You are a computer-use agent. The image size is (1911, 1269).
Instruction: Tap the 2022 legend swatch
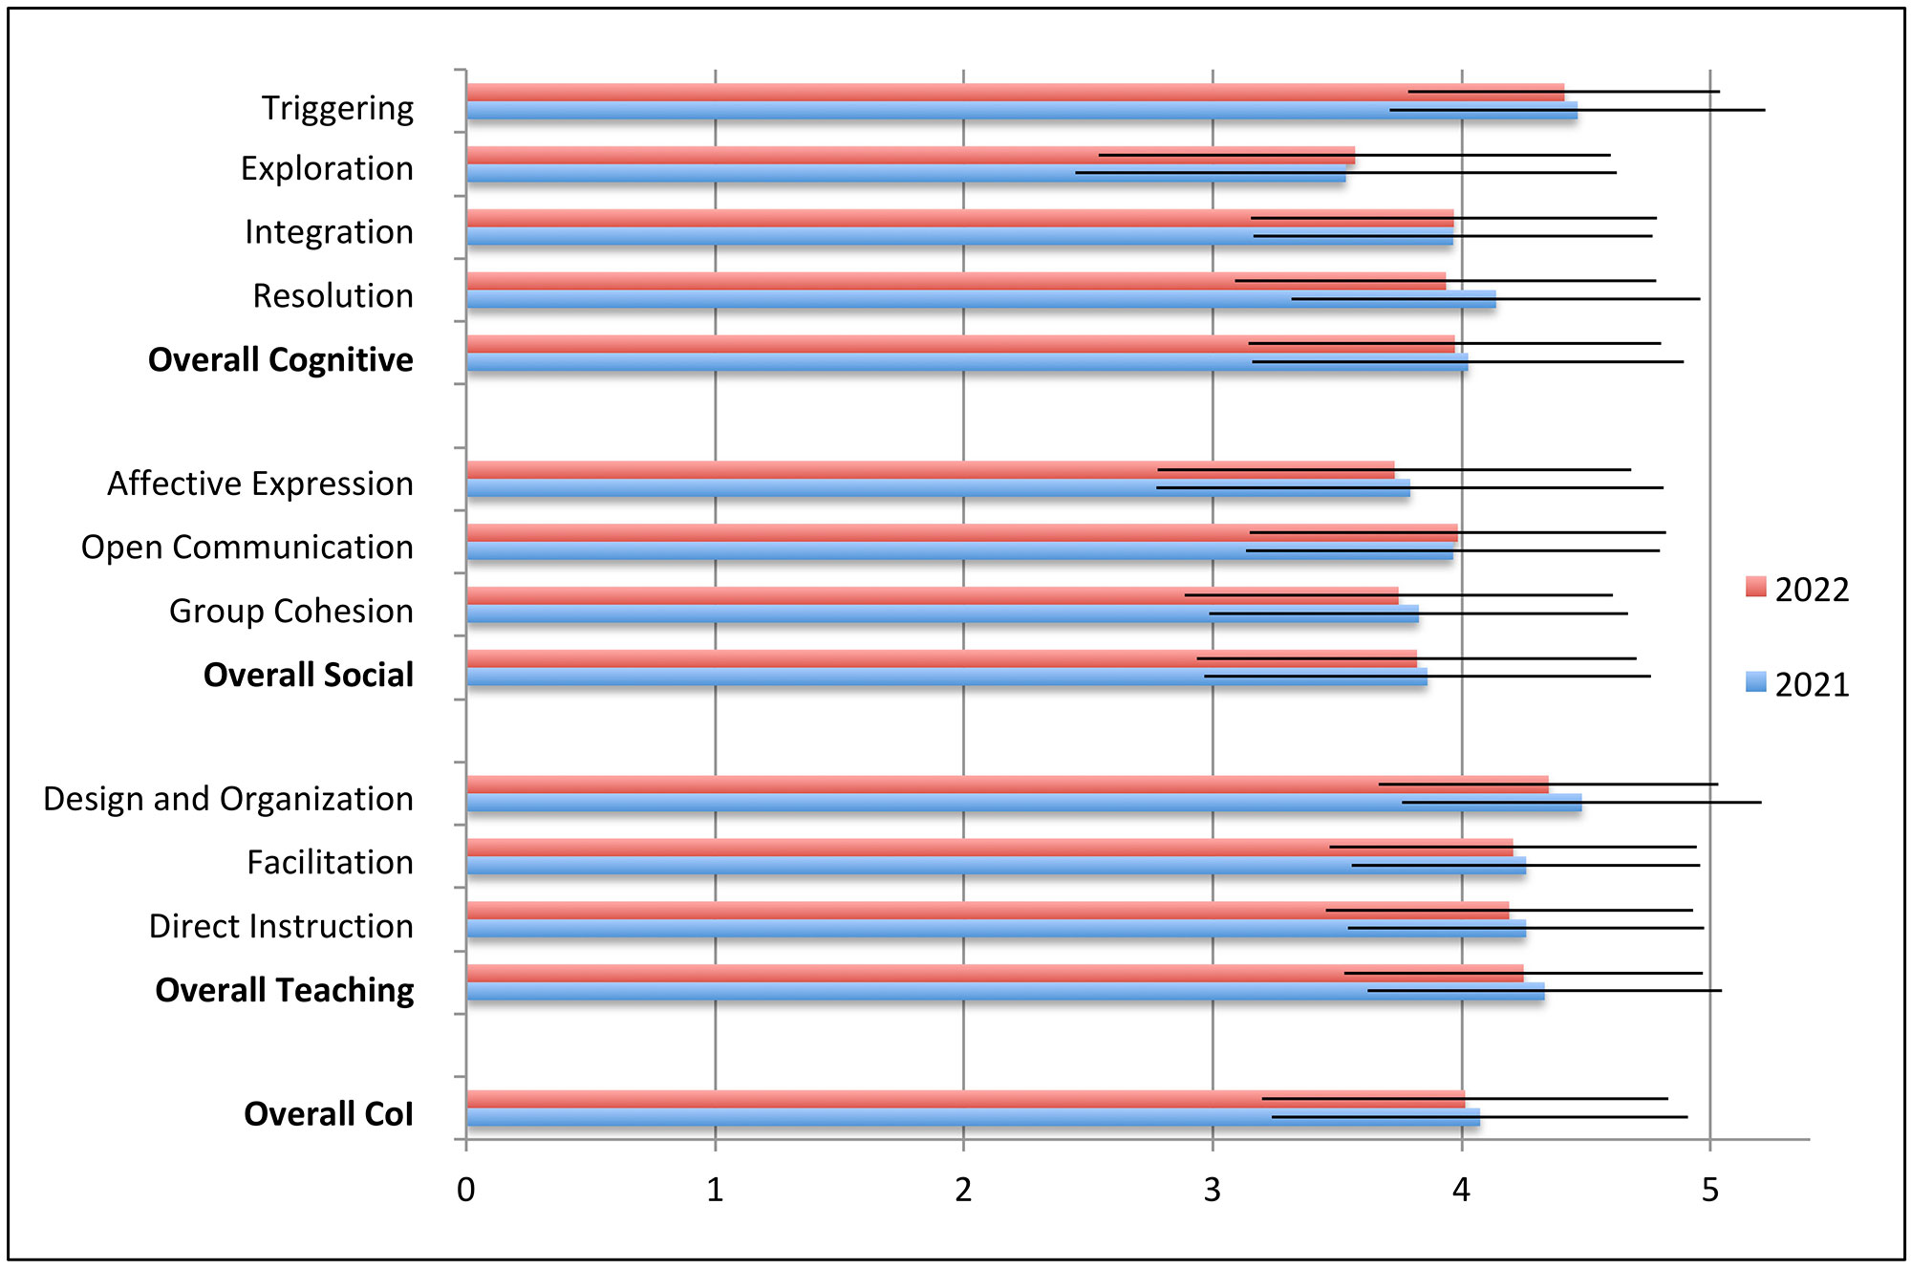[1755, 587]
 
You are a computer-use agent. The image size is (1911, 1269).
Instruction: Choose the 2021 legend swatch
[1755, 682]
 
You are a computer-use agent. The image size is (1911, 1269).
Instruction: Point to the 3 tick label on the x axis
[1213, 1191]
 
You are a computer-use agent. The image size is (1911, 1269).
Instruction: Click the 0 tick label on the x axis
[466, 1191]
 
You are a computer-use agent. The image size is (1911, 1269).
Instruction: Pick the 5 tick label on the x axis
[1710, 1191]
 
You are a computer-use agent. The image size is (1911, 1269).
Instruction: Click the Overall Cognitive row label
[281, 360]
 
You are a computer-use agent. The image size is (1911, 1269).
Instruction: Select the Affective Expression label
[260, 484]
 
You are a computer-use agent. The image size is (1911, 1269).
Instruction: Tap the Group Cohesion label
[291, 612]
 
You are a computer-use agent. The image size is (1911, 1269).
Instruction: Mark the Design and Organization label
[228, 799]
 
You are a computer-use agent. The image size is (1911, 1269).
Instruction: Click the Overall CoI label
[329, 1114]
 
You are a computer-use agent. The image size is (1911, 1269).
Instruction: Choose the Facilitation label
[331, 863]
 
